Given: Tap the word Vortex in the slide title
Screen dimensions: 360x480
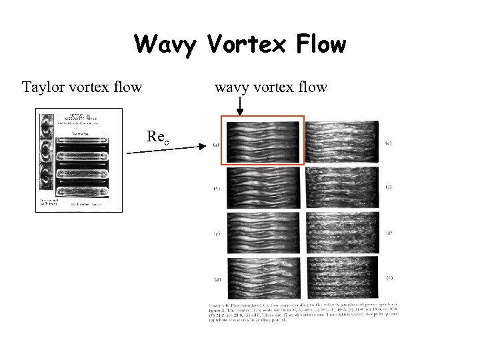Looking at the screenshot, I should [239, 45].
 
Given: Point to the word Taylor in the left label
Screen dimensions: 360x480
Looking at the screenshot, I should [43, 87].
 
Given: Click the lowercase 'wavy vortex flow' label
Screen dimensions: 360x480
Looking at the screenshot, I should [271, 87].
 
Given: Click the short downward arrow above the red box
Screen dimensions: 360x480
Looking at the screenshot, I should [240, 105].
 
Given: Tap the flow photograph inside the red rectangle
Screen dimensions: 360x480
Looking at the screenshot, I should [263, 140].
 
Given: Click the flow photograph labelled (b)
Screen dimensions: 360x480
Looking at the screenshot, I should [264, 187].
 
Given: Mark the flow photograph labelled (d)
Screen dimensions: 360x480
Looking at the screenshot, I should [264, 277].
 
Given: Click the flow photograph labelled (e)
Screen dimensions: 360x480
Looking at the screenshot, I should [341, 141].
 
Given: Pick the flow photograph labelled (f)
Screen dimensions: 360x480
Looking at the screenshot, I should [341, 187].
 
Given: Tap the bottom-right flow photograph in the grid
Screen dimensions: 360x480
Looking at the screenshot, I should [341, 277].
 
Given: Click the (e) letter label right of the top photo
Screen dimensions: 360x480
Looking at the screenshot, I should [388, 143].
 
